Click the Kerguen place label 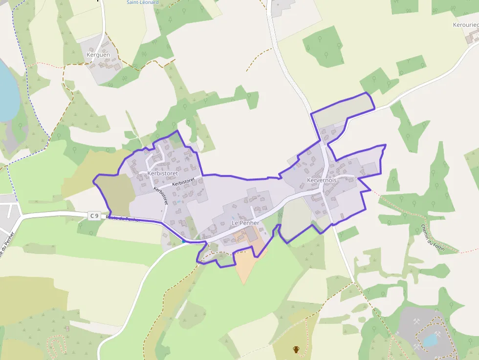pos(98,55)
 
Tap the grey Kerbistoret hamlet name pos(162,173)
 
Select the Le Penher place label pos(245,223)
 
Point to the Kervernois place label pos(322,180)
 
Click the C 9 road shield pos(94,215)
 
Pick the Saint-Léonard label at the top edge pos(143,2)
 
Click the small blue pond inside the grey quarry pos(430,339)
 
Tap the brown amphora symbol pos(296,349)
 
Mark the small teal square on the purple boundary pos(184,240)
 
